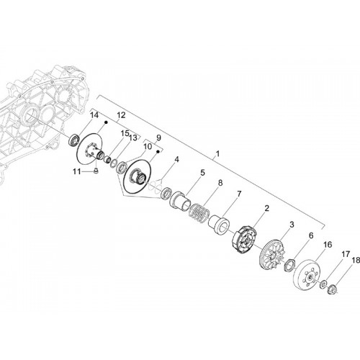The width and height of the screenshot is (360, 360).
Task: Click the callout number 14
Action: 94,115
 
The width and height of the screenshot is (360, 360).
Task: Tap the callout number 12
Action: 121,115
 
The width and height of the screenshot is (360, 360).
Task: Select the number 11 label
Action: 77,171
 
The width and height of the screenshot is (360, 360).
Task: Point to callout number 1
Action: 217,153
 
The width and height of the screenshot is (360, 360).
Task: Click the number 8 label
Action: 220,183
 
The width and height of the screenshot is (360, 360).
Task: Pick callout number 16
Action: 328,245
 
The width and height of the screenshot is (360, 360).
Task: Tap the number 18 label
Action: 356,260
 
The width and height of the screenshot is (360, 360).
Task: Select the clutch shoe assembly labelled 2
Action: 245,239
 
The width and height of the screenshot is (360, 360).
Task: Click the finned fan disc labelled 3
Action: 272,256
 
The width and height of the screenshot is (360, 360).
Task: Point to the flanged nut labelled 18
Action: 333,288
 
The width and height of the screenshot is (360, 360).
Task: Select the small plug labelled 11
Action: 96,171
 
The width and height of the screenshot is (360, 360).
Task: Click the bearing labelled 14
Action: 73,140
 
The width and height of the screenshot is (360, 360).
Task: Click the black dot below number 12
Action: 106,122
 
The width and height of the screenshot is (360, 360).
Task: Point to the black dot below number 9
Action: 158,151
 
